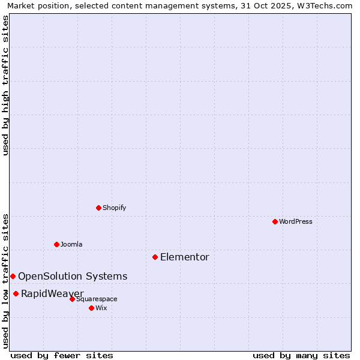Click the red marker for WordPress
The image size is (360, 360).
tap(275, 221)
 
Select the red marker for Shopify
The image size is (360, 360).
tap(98, 208)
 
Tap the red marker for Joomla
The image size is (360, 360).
tap(56, 244)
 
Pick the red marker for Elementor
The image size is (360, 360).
tap(155, 257)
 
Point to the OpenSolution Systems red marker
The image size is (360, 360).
tap(13, 276)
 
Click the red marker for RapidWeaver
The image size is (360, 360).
tap(16, 293)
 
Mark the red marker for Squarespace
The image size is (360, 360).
tap(72, 299)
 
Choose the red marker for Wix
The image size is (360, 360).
tap(91, 308)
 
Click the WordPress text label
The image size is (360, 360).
tap(296, 221)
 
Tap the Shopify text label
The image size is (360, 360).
tap(114, 208)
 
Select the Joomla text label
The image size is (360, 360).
tap(71, 244)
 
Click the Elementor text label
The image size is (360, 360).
tap(185, 257)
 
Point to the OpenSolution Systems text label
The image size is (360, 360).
tap(73, 277)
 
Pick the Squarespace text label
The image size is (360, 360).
tap(97, 299)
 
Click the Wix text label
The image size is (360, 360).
tap(101, 308)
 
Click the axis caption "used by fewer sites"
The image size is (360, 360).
tap(62, 355)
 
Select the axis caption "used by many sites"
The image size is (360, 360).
tap(301, 355)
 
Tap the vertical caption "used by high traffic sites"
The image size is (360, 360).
tap(6, 85)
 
